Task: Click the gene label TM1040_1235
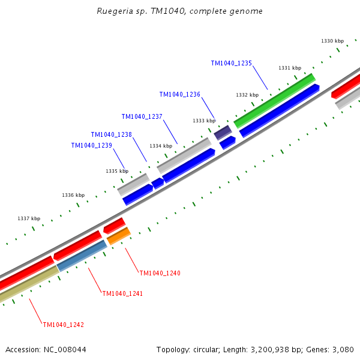point(231,63)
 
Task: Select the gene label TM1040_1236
point(179,94)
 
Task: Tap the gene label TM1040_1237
point(142,116)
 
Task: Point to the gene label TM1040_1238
point(111,134)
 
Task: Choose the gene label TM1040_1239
point(91,145)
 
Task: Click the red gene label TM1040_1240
point(160,273)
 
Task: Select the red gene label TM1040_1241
point(122,293)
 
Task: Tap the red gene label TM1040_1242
point(63,325)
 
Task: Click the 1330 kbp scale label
point(332,41)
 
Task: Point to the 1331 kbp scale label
point(290,68)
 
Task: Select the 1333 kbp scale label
point(204,121)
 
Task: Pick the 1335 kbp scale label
point(117,171)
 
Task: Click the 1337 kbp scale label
point(29,218)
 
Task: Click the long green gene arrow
point(275,100)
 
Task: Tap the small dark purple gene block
point(223,132)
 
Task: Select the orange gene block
point(119,235)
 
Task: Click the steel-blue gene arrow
point(82,256)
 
